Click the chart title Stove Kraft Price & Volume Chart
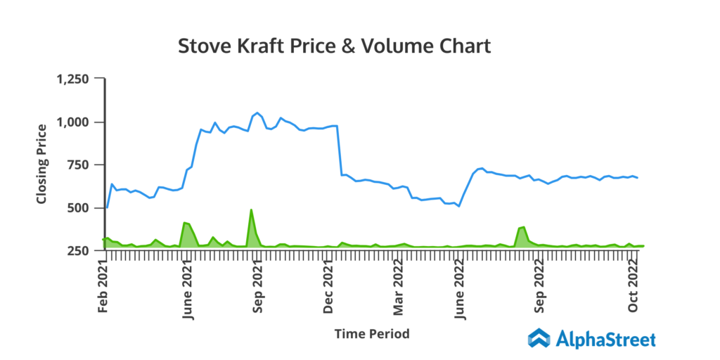coord(334,46)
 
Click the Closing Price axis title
coord(42,164)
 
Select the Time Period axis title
coord(372,333)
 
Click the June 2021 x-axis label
coord(188,288)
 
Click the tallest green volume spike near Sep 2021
coord(251,211)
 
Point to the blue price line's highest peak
coord(257,112)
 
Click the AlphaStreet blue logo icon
coord(539,338)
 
